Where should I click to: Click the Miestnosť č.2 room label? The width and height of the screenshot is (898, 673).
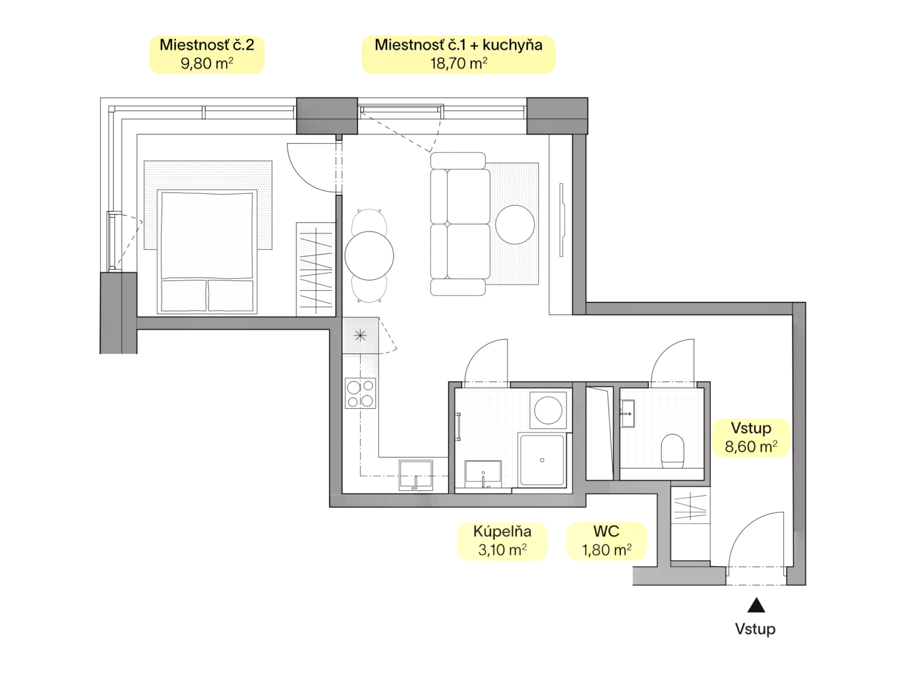(206, 45)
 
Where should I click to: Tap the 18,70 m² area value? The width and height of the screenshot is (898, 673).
(458, 63)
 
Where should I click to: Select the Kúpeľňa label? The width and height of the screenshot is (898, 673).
(502, 531)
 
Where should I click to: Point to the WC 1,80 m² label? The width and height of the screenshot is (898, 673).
(606, 541)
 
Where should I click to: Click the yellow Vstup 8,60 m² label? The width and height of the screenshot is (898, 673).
(751, 437)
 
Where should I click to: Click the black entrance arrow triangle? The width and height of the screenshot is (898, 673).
(756, 605)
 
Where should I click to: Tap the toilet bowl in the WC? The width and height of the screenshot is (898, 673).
(672, 450)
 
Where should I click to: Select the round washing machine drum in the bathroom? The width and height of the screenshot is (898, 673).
(548, 410)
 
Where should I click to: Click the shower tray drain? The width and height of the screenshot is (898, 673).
(542, 460)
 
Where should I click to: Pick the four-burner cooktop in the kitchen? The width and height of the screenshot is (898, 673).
(360, 393)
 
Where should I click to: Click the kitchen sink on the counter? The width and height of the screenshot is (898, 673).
(416, 475)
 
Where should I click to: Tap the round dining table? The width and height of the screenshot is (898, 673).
(369, 256)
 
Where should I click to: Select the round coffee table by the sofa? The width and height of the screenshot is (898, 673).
(514, 224)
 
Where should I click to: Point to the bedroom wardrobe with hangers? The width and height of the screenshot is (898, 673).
(316, 269)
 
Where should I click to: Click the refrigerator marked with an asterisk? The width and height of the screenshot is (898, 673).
(360, 335)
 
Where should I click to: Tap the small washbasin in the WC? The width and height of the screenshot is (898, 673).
(627, 413)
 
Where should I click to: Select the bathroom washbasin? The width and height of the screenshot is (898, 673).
(483, 474)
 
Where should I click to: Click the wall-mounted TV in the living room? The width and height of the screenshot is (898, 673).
(562, 220)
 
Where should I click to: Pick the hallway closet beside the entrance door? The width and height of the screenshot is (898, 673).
(690, 524)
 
